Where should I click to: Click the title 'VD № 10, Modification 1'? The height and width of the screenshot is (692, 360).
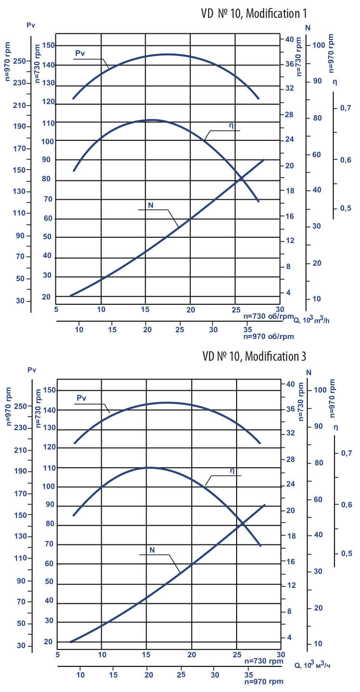point(254,13)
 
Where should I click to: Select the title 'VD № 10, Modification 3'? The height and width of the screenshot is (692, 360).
point(254,356)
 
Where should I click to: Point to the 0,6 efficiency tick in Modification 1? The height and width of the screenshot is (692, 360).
point(346,160)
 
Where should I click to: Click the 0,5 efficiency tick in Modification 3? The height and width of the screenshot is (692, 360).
point(346,553)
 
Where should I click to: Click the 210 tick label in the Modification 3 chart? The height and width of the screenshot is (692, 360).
point(19,450)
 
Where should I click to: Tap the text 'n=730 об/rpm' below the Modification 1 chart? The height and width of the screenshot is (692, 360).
point(268,316)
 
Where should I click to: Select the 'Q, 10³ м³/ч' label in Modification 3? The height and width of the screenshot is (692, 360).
point(313,665)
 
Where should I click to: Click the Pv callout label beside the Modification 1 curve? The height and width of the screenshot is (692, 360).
point(80,53)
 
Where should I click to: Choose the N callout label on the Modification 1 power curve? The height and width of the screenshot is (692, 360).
point(150,204)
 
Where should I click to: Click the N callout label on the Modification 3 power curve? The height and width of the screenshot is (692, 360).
point(152,549)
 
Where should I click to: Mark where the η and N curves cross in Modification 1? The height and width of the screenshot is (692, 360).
point(241,176)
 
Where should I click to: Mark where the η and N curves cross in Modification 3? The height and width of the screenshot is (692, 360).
point(241,522)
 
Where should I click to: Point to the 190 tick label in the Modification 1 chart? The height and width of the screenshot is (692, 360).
point(19,127)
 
